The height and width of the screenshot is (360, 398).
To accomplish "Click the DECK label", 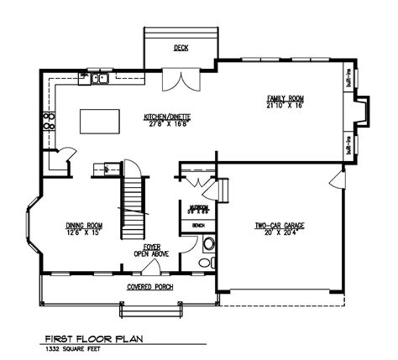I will point(181,48).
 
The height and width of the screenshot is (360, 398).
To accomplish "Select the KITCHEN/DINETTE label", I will point(165,118).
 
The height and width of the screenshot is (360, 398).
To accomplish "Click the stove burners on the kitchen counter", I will point(50,119).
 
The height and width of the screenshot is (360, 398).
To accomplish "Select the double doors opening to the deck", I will point(181,81).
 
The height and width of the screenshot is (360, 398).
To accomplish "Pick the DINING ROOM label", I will point(84,228).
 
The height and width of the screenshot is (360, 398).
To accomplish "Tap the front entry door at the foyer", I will point(152,268).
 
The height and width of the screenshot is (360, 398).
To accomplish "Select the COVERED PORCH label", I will point(150,287).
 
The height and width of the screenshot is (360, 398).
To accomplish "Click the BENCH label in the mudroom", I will point(199,225).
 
